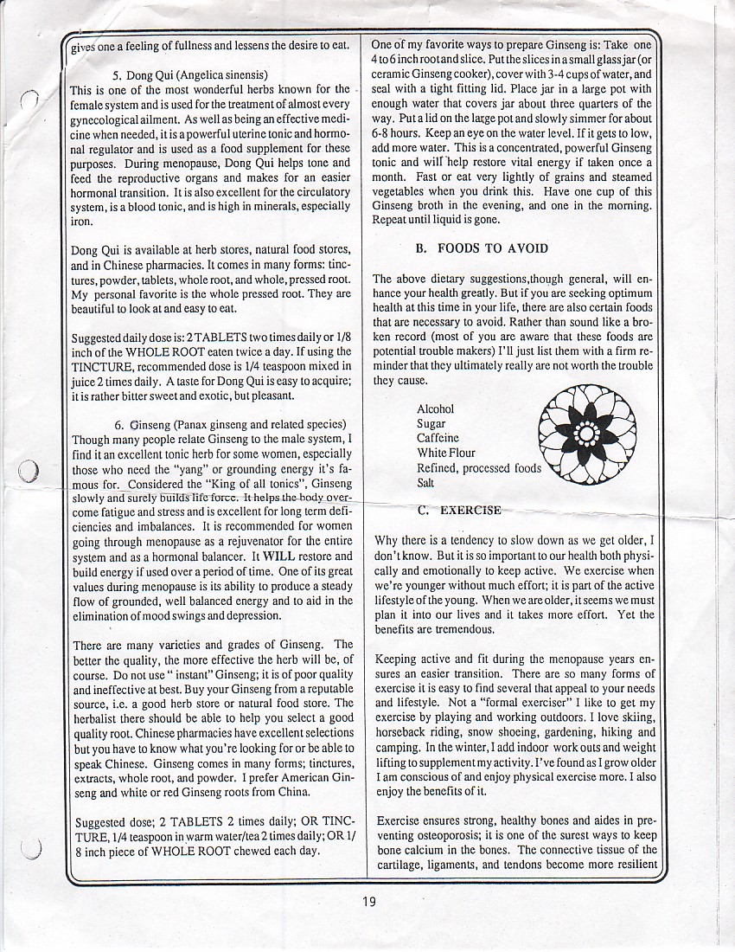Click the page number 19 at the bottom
coord(369,902)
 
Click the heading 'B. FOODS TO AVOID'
coord(481,248)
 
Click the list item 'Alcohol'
coord(435,409)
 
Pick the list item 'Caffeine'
coord(438,439)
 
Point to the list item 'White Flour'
coord(446,453)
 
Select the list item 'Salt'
coord(425,483)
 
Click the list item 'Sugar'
coord(431,424)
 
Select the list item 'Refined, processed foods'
coord(478,468)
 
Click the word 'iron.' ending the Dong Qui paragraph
coord(83,221)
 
